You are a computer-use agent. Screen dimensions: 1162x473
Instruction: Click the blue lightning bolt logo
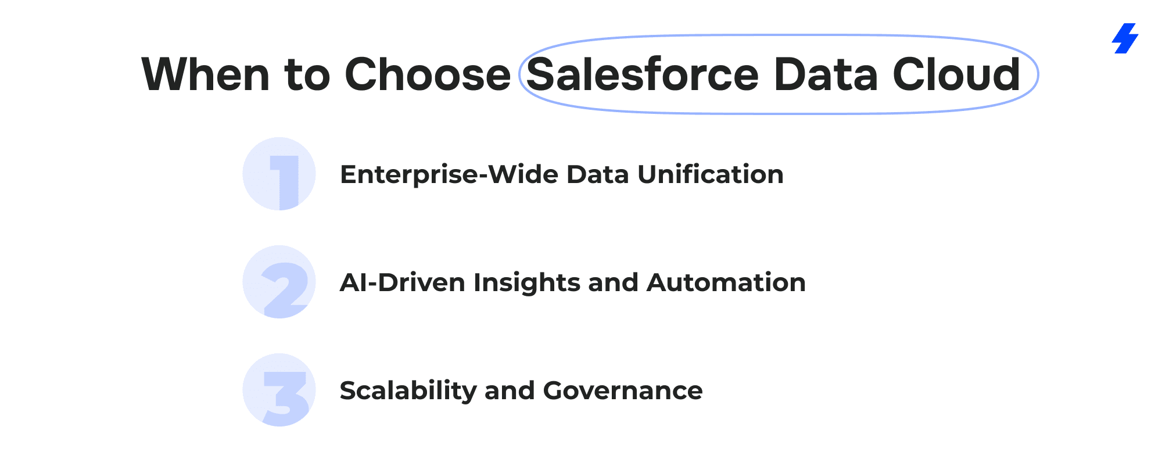click(1125, 38)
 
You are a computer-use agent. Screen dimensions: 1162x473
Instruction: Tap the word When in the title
click(206, 74)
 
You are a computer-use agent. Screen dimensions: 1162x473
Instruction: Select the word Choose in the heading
click(428, 74)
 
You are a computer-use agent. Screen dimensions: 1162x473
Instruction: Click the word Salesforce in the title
click(643, 74)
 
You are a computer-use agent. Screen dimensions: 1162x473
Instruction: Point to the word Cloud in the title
click(956, 74)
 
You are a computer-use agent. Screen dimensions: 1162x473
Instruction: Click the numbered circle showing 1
click(279, 174)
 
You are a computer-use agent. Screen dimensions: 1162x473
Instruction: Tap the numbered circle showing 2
click(279, 282)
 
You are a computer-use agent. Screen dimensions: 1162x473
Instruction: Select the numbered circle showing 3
click(279, 390)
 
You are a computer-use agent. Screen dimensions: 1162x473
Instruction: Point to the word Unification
click(711, 174)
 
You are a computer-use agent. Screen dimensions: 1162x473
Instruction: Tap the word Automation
click(726, 282)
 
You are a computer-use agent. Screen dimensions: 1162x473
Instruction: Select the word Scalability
click(408, 391)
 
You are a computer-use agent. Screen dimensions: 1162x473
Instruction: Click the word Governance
click(623, 390)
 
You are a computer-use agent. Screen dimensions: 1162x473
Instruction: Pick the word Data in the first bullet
click(598, 174)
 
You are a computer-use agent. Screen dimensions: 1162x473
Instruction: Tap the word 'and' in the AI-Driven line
click(613, 282)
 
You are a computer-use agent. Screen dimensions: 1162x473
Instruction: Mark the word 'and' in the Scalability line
click(510, 390)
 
